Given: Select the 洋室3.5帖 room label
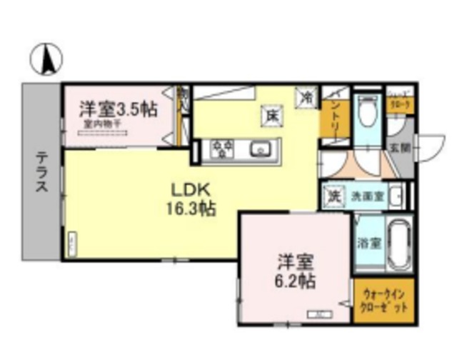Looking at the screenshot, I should tap(118, 109).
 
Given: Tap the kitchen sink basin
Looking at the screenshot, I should tap(260, 149).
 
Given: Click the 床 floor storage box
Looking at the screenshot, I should tap(273, 114).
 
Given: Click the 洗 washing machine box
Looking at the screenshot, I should tap(332, 194).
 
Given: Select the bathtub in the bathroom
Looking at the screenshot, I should tap(397, 242).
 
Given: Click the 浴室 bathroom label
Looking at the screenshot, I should tap(368, 242).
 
